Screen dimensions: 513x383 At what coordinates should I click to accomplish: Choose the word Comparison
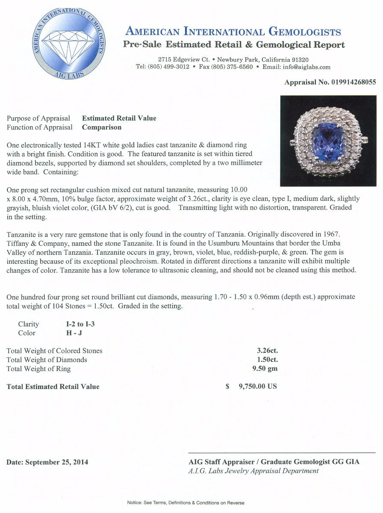pyautogui.click(x=102, y=127)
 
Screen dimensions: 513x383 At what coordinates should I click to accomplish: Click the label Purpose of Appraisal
pyautogui.click(x=38, y=118)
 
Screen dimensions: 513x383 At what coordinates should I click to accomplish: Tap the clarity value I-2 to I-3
pyautogui.click(x=78, y=324)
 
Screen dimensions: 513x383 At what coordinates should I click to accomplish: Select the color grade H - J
pyautogui.click(x=69, y=333)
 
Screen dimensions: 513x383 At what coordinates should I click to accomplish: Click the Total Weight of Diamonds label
pyautogui.click(x=47, y=360)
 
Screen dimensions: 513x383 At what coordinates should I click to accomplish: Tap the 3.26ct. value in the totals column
pyautogui.click(x=268, y=351)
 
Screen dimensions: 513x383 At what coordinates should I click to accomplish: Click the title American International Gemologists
pyautogui.click(x=233, y=31)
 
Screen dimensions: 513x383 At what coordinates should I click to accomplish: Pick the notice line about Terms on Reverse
pyautogui.click(x=186, y=503)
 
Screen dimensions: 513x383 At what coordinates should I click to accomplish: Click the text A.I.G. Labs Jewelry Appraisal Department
pyautogui.click(x=253, y=471)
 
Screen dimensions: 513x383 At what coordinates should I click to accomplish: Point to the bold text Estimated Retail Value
pyautogui.click(x=119, y=118)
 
